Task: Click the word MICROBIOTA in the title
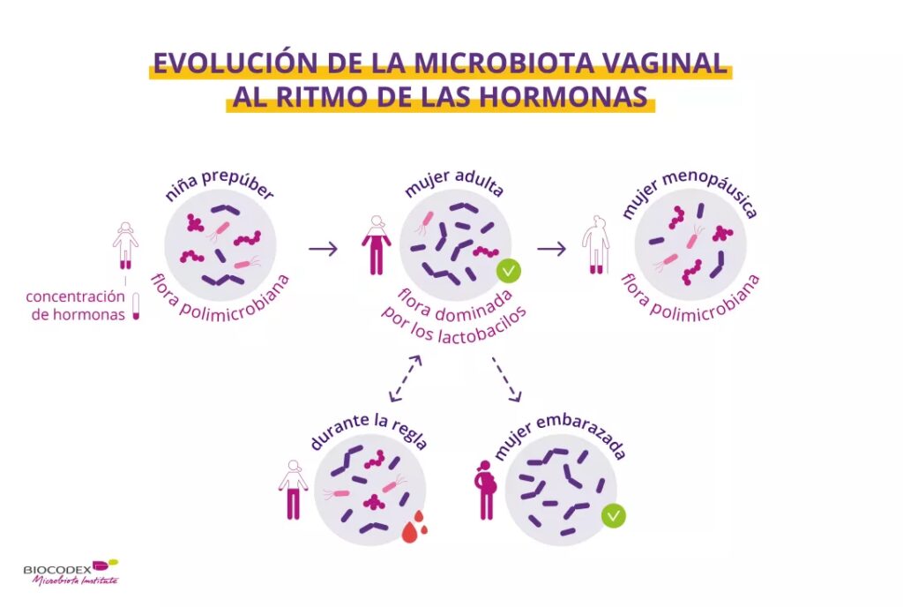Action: [x=504, y=63]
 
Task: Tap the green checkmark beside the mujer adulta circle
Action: [x=509, y=271]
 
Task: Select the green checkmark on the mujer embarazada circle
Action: [x=614, y=515]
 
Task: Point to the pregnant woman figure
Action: [x=486, y=490]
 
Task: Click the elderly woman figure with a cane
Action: [x=595, y=245]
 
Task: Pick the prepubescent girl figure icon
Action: [x=125, y=245]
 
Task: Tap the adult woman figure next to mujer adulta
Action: [x=377, y=245]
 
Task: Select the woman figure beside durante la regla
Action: [x=293, y=490]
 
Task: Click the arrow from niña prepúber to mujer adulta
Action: [x=323, y=249]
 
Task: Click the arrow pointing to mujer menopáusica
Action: [x=552, y=249]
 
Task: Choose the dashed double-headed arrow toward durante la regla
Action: [x=406, y=378]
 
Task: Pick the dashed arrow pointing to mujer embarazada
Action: [x=507, y=379]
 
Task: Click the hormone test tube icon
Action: [x=136, y=306]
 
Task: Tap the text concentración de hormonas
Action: [x=76, y=306]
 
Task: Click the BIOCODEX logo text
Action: [x=57, y=569]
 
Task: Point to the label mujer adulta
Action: [x=454, y=184]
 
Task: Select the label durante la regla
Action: [x=369, y=432]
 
